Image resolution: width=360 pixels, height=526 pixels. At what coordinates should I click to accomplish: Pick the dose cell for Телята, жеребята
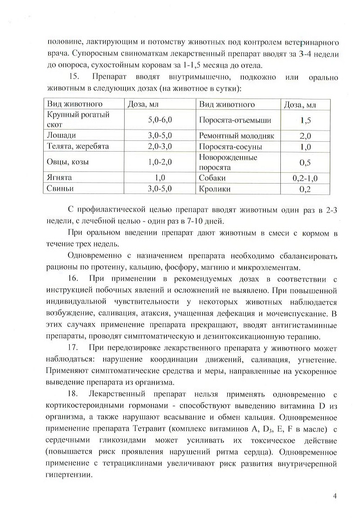coord(160,146)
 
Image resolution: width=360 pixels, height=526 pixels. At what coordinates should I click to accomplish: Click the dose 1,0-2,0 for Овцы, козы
coord(160,162)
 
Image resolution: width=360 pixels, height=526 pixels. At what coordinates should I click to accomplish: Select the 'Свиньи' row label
coord(60,189)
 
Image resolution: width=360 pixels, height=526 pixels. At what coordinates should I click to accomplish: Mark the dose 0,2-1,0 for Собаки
coord(305,178)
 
